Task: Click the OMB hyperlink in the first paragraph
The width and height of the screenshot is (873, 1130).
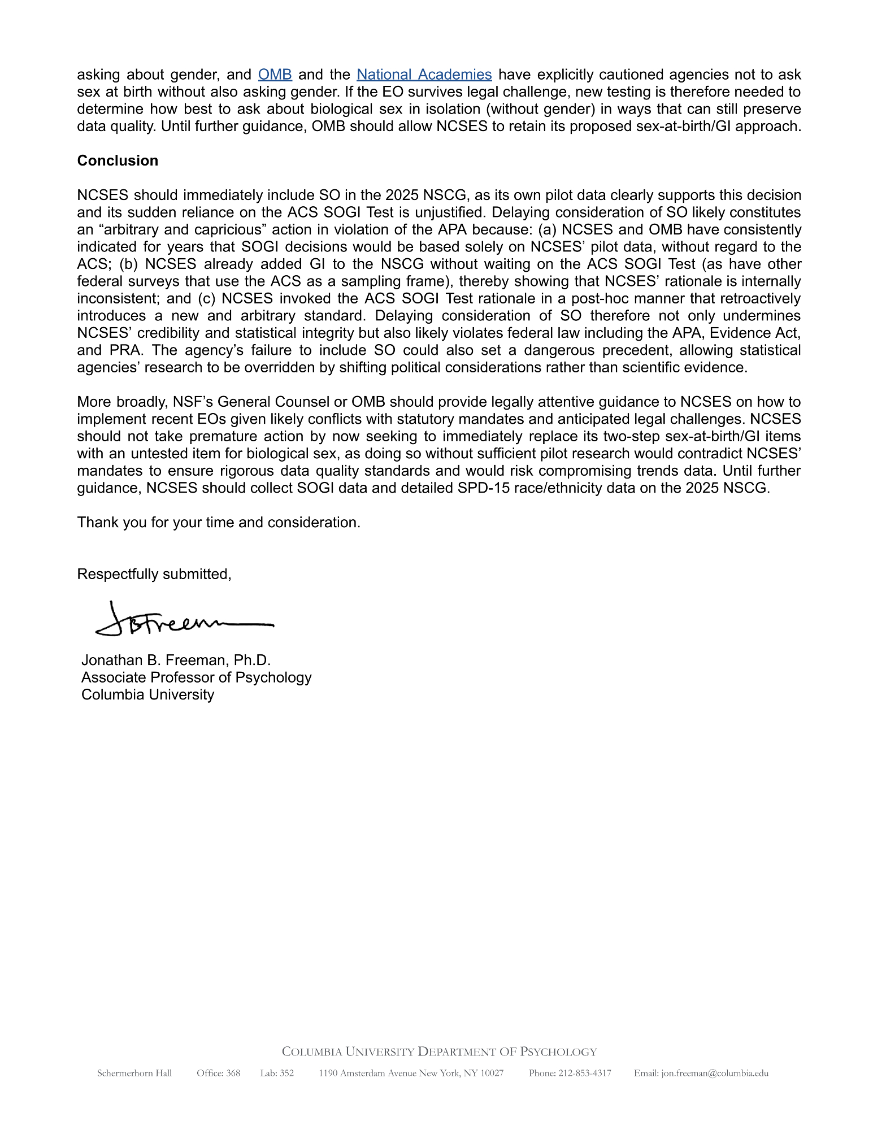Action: coord(275,75)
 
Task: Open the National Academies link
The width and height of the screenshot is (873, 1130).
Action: coord(424,75)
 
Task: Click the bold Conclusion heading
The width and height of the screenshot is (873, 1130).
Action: coord(118,160)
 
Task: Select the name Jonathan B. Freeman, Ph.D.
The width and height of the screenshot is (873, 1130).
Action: coord(176,660)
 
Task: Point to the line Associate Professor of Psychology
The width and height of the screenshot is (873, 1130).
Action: coord(196,677)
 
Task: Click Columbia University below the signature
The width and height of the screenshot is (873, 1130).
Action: coord(147,694)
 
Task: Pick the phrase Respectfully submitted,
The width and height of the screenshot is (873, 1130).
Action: coord(154,574)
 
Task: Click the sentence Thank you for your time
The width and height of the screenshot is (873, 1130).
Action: coord(218,522)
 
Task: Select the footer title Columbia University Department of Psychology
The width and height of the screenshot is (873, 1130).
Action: coord(439,1052)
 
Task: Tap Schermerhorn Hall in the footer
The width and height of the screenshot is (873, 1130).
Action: coord(134,1073)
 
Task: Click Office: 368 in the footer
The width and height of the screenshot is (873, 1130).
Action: coord(218,1073)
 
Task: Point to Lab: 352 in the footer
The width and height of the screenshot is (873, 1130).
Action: coord(277,1073)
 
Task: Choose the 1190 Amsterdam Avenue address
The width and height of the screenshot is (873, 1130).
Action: coord(411,1073)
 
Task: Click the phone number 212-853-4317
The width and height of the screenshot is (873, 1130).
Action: coord(584,1073)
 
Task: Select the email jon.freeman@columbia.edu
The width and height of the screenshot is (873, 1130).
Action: coord(714,1073)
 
